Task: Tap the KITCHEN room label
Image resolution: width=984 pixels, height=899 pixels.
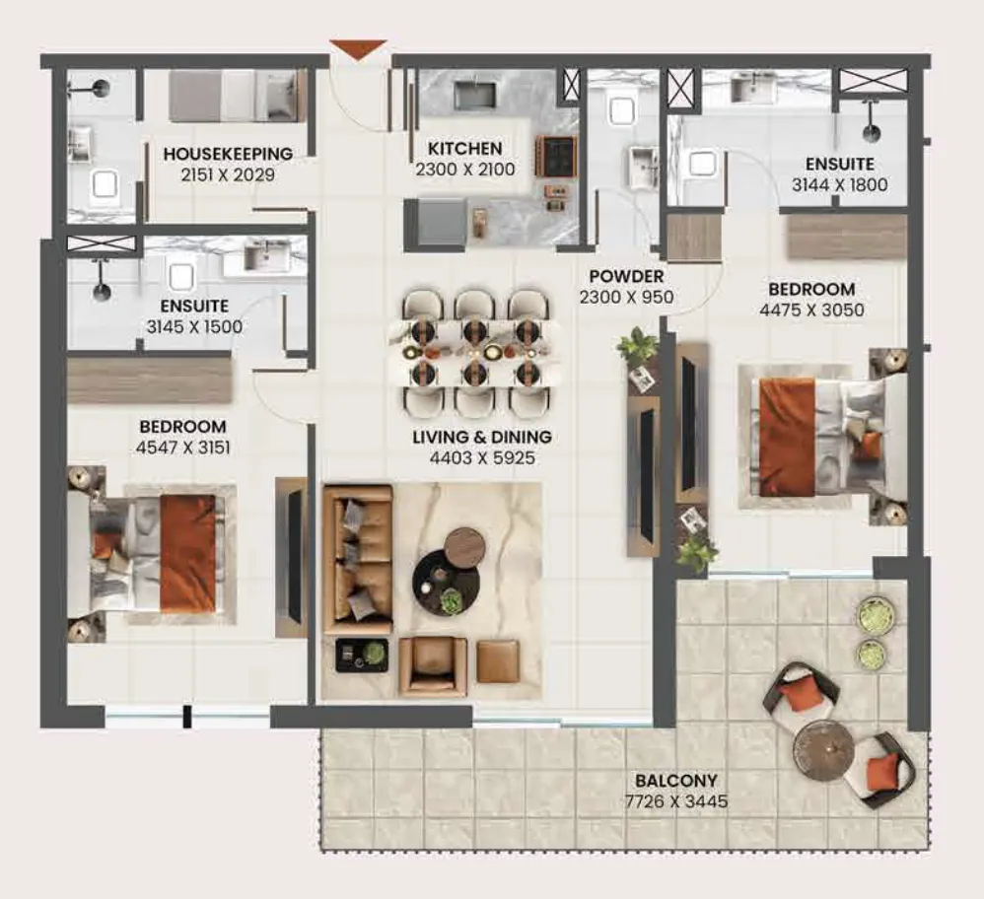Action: point(465,149)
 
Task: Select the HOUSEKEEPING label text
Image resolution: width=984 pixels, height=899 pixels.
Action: point(228,154)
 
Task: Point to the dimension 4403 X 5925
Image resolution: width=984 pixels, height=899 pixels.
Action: point(482,458)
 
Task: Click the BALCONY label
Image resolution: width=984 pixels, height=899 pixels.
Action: point(675,781)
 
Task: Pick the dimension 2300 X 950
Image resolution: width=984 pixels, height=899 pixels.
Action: point(626,297)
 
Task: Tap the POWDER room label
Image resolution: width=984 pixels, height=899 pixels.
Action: point(626,276)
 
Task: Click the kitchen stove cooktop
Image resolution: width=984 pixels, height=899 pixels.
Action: point(555,156)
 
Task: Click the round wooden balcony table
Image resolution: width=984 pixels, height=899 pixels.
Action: point(822,749)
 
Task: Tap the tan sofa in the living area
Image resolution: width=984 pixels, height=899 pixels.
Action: point(357,560)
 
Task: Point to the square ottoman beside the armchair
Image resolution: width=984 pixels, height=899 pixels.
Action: point(498,661)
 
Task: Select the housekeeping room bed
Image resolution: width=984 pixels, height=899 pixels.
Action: point(233,96)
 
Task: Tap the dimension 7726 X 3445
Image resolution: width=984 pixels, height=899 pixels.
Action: point(675,801)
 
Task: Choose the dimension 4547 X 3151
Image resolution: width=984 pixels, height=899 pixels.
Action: point(182,448)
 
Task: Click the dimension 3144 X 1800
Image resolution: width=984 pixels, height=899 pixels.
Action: point(840,185)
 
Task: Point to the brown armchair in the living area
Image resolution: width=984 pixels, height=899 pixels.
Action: point(433,667)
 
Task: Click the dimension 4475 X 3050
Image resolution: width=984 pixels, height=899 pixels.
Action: point(811,310)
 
